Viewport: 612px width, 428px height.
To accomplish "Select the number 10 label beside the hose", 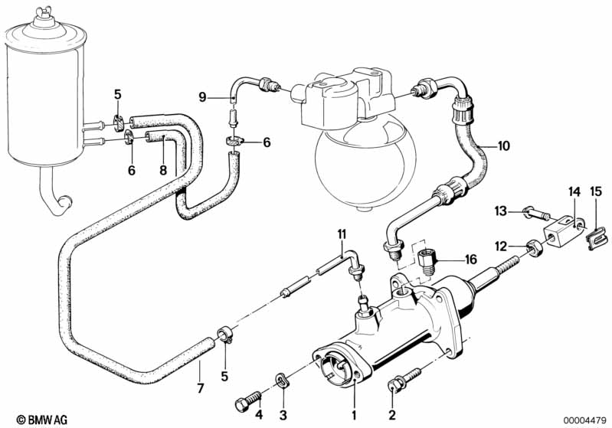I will point(502,145).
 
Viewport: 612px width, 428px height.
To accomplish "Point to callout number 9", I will point(202,96).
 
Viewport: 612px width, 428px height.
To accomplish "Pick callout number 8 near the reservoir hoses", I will point(162,170).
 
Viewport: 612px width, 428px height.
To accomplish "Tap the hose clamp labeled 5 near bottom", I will point(224,334).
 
